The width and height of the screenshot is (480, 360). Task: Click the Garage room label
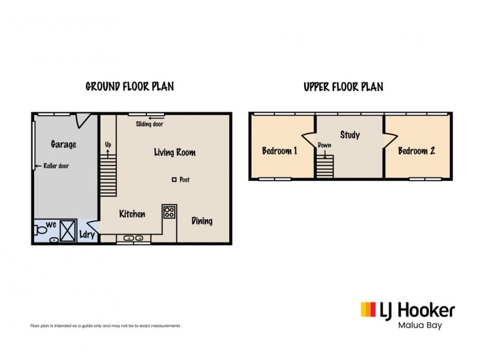coord(63,144)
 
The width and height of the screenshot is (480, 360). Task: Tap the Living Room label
coord(175,152)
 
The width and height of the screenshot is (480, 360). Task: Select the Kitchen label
coord(132,214)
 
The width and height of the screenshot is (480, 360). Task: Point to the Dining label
coord(202,221)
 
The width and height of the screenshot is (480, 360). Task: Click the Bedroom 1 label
coord(280,151)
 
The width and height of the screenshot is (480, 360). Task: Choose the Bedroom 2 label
coord(416,151)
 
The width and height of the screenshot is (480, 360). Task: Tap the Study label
coord(350,135)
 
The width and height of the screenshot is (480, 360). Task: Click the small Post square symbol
coord(174,179)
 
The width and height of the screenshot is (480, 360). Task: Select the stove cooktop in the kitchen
coord(169,212)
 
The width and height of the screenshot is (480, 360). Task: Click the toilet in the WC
coord(42,229)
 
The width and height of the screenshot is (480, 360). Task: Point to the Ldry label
coord(87,235)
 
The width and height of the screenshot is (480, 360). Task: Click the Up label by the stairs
coord(108,145)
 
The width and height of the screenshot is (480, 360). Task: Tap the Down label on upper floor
coord(325,146)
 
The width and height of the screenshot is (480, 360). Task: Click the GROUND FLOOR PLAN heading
coord(130,86)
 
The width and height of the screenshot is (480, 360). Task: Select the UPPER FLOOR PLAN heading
coord(343,87)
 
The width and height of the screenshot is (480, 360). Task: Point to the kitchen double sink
coord(133,239)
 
